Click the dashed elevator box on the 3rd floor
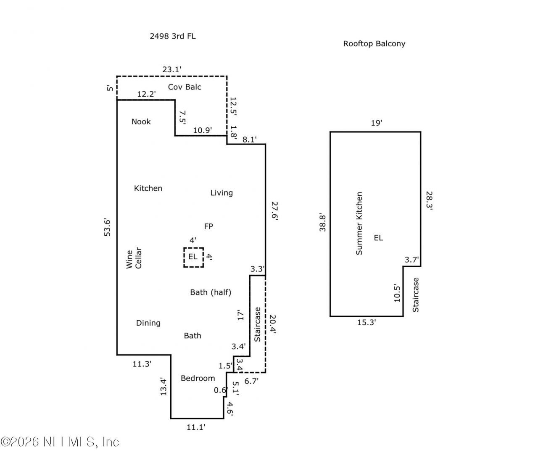(x=193, y=257)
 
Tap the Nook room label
(x=141, y=122)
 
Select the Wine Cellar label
(x=134, y=259)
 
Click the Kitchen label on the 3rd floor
(x=148, y=188)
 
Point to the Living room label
(x=222, y=193)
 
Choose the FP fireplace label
(x=208, y=226)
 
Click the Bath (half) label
(x=211, y=292)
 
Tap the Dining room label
(x=148, y=323)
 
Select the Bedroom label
(x=198, y=378)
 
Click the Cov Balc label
(x=185, y=87)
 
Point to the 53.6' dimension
(x=107, y=227)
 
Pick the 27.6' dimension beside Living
(x=274, y=213)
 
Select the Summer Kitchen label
(x=359, y=224)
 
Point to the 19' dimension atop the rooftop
(x=376, y=123)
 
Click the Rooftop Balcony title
(x=374, y=44)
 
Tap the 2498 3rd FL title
(x=172, y=36)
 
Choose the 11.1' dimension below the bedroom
(x=196, y=427)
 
